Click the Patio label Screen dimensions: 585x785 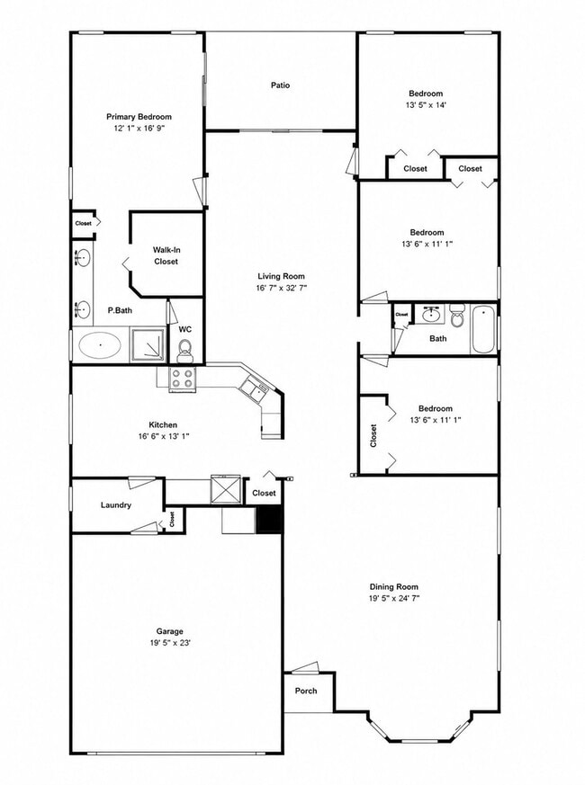tap(280, 85)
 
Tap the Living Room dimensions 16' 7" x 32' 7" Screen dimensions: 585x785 tap(281, 288)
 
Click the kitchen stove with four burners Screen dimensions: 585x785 tap(182, 379)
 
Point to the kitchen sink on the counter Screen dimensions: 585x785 tap(254, 388)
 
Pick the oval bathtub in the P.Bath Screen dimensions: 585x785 tap(100, 345)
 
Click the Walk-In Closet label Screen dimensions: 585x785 tap(166, 255)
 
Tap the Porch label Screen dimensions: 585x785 tap(306, 691)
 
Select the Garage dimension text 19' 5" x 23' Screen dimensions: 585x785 tap(169, 643)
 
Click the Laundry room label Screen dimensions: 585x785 tap(116, 505)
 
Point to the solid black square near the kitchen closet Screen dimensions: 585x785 tap(270, 519)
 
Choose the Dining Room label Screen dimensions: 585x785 tap(393, 587)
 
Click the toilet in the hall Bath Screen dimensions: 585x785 tap(457, 316)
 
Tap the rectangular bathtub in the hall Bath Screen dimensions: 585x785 tap(482, 329)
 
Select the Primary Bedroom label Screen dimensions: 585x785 tap(139, 117)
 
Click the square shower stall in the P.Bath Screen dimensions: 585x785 tap(148, 344)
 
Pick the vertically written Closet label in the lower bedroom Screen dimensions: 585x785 tap(373, 435)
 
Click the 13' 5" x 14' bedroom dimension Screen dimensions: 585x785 tap(426, 105)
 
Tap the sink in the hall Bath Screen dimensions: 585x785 tap(431, 315)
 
